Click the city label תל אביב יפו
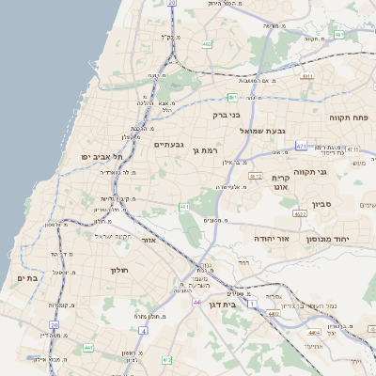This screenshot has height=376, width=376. coord(98,156)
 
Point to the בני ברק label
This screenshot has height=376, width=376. coord(227,116)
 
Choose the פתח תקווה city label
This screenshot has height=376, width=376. coord(351,117)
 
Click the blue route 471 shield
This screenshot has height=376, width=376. coord(301,147)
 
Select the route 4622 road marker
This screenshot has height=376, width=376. coord(300,214)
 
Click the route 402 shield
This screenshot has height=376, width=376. coord(207,43)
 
